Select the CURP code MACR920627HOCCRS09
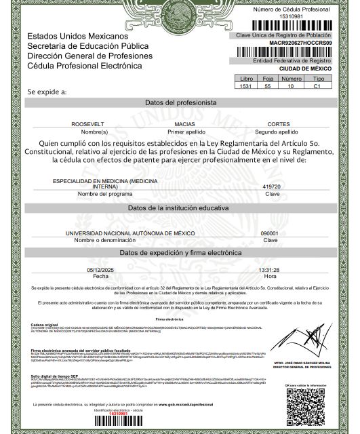coord(300,42)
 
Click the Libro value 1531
coord(246,87)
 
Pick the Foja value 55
coord(268,87)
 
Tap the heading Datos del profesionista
coord(180,102)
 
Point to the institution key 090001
coord(270,233)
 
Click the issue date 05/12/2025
coord(100,270)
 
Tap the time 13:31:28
coord(270,270)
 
